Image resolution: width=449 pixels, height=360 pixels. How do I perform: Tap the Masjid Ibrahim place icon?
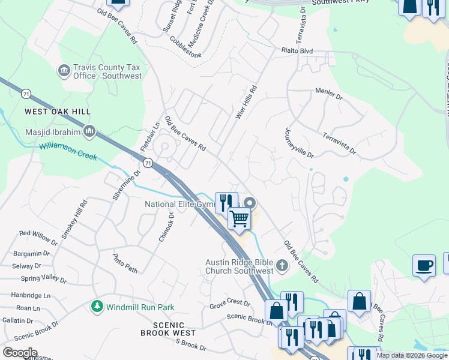pos(89,131)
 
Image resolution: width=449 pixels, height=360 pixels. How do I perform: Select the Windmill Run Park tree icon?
pos(97,307)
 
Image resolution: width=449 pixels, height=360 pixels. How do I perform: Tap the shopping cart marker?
pos(240,220)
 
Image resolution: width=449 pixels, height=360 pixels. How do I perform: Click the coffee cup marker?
pos(424,265)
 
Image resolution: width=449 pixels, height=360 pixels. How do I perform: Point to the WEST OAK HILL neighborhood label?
pos(58,112)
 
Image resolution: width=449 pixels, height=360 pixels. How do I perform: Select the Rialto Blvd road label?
pos(298,52)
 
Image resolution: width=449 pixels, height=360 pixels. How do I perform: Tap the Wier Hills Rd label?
pos(246,102)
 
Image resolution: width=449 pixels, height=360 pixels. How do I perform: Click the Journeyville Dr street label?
pos(299,143)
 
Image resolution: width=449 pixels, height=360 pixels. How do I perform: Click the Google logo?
pos(20,353)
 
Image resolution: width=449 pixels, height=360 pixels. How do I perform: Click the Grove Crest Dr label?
pos(229,304)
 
